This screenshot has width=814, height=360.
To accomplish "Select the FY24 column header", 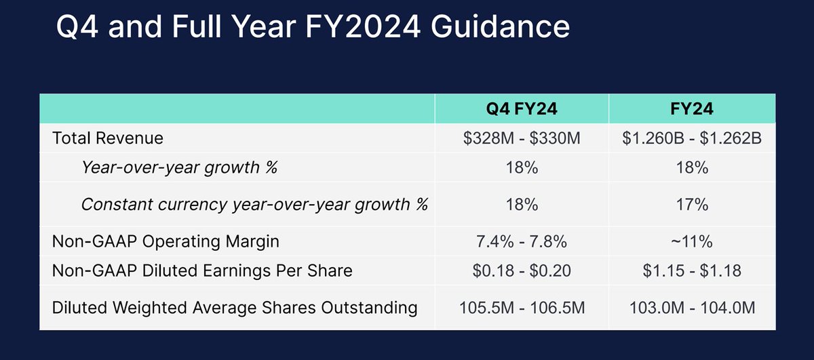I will (692, 109).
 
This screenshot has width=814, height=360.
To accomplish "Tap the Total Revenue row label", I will (108, 138).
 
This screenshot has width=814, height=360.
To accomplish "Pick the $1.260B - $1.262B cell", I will (692, 138).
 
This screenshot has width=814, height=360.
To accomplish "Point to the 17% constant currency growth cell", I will (692, 204).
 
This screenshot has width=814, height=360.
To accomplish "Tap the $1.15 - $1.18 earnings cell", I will (692, 271).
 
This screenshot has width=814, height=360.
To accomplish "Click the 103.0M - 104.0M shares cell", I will (692, 308).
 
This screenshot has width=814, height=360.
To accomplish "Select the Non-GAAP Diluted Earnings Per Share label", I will (202, 271).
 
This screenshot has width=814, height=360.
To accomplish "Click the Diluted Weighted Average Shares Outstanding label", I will (235, 308).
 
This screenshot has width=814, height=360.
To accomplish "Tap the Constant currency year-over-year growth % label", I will (254, 204).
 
